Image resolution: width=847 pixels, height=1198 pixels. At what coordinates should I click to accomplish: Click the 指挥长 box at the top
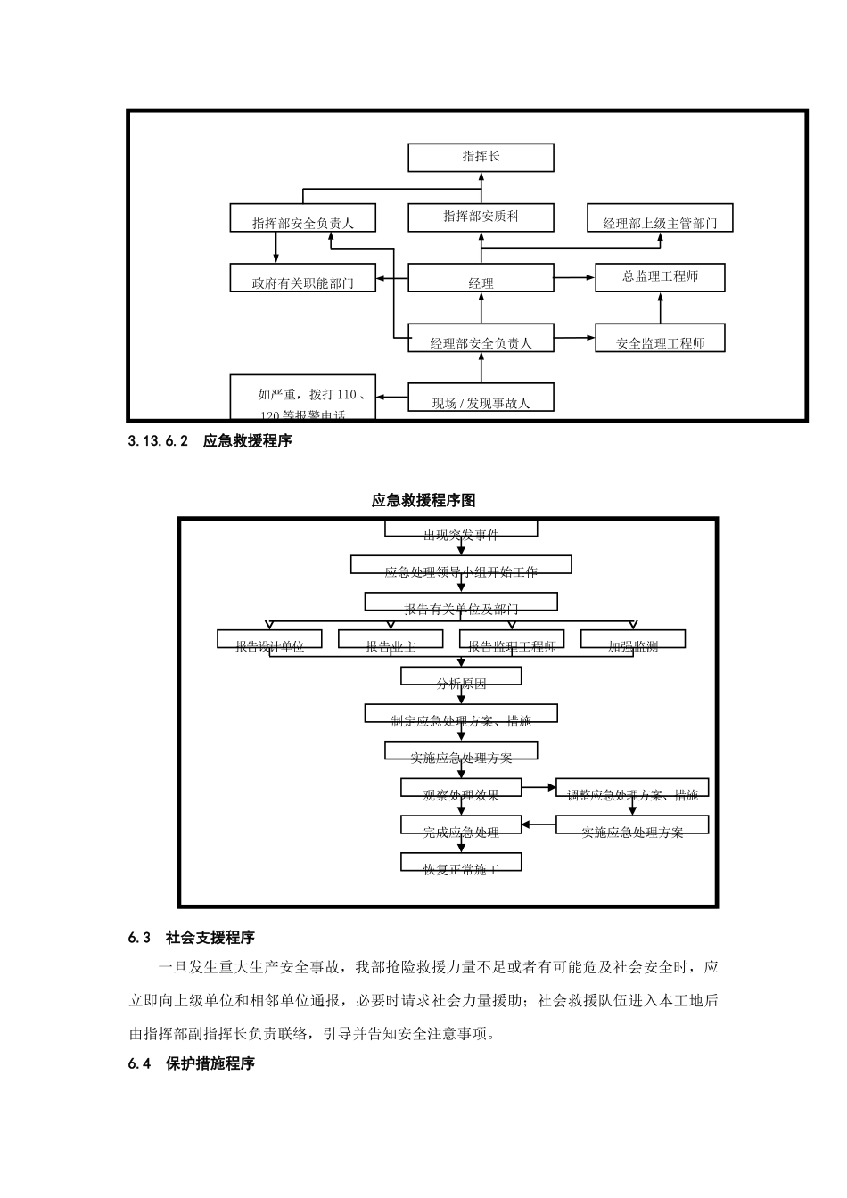[x=481, y=157]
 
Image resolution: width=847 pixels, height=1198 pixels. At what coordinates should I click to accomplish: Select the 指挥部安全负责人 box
[x=302, y=218]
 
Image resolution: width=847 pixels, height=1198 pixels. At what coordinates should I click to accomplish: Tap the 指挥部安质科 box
[x=481, y=217]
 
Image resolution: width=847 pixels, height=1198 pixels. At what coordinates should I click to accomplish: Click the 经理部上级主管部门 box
[x=660, y=218]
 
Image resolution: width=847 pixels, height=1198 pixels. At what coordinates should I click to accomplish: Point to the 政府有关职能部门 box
[x=302, y=278]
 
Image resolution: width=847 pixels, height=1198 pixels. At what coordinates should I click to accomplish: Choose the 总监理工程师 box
[x=660, y=277]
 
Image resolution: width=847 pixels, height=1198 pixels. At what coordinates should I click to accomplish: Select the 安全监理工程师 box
[x=660, y=339]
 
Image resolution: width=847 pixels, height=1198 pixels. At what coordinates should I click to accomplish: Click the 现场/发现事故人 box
[x=481, y=398]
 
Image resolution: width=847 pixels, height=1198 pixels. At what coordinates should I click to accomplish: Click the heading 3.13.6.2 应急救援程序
[x=210, y=440]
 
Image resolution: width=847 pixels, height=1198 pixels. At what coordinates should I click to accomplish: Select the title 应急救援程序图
[x=423, y=500]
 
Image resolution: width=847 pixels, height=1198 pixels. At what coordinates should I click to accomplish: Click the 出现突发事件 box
[x=461, y=529]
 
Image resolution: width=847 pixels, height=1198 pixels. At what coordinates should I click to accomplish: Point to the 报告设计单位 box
[x=270, y=640]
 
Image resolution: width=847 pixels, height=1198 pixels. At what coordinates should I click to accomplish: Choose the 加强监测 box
[x=633, y=640]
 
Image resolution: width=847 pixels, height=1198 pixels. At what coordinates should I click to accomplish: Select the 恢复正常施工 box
[x=461, y=863]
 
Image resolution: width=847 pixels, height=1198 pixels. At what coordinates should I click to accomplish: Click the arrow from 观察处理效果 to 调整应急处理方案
[x=539, y=788]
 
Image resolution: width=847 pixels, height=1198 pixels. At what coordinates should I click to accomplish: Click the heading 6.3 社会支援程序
[x=192, y=938]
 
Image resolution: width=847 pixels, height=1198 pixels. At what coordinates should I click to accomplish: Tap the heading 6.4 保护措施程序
[x=192, y=1063]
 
